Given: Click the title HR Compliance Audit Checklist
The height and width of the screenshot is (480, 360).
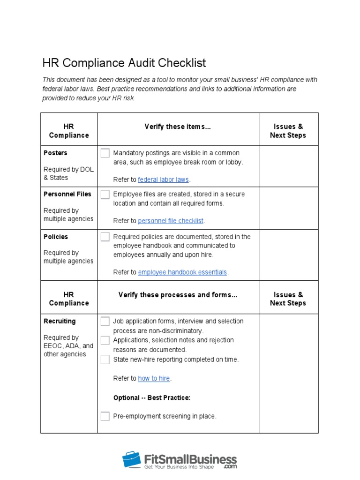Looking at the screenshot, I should tap(124, 63).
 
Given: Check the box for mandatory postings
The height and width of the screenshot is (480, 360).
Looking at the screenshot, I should tap(105, 153).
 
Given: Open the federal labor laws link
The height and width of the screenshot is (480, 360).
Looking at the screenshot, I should tap(163, 180).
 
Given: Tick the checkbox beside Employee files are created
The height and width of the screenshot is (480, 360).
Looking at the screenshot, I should tap(105, 195).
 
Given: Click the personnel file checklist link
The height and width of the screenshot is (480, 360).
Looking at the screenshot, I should tap(171, 221).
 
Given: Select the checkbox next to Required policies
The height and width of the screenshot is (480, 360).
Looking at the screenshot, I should tap(105, 237).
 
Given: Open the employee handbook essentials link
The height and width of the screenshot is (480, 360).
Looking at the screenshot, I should tap(182, 272).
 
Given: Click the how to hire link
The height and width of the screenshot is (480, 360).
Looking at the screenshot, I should tap(154, 378).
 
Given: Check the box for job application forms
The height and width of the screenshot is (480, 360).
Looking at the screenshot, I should tap(105, 321).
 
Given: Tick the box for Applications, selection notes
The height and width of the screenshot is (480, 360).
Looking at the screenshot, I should tap(105, 340).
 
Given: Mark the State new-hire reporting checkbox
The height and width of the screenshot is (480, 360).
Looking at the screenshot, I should tap(105, 360).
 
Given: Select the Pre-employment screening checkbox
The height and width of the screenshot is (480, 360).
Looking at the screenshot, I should tap(105, 416).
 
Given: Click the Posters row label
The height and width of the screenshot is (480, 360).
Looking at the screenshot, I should tap(55, 153).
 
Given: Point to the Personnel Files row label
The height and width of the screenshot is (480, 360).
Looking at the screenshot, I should tap(67, 194).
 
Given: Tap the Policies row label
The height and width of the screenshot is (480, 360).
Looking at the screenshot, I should tap(56, 237).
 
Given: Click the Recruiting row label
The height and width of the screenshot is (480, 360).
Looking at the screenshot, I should tap(60, 321).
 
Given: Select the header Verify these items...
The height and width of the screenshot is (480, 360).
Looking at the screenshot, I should tap(178, 127).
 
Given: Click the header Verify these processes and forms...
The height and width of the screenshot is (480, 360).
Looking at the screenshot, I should tap(178, 295).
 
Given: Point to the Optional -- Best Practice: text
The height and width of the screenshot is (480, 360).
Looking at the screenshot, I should tap(152, 397).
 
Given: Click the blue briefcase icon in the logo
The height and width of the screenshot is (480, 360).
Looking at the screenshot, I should tap(132, 459).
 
